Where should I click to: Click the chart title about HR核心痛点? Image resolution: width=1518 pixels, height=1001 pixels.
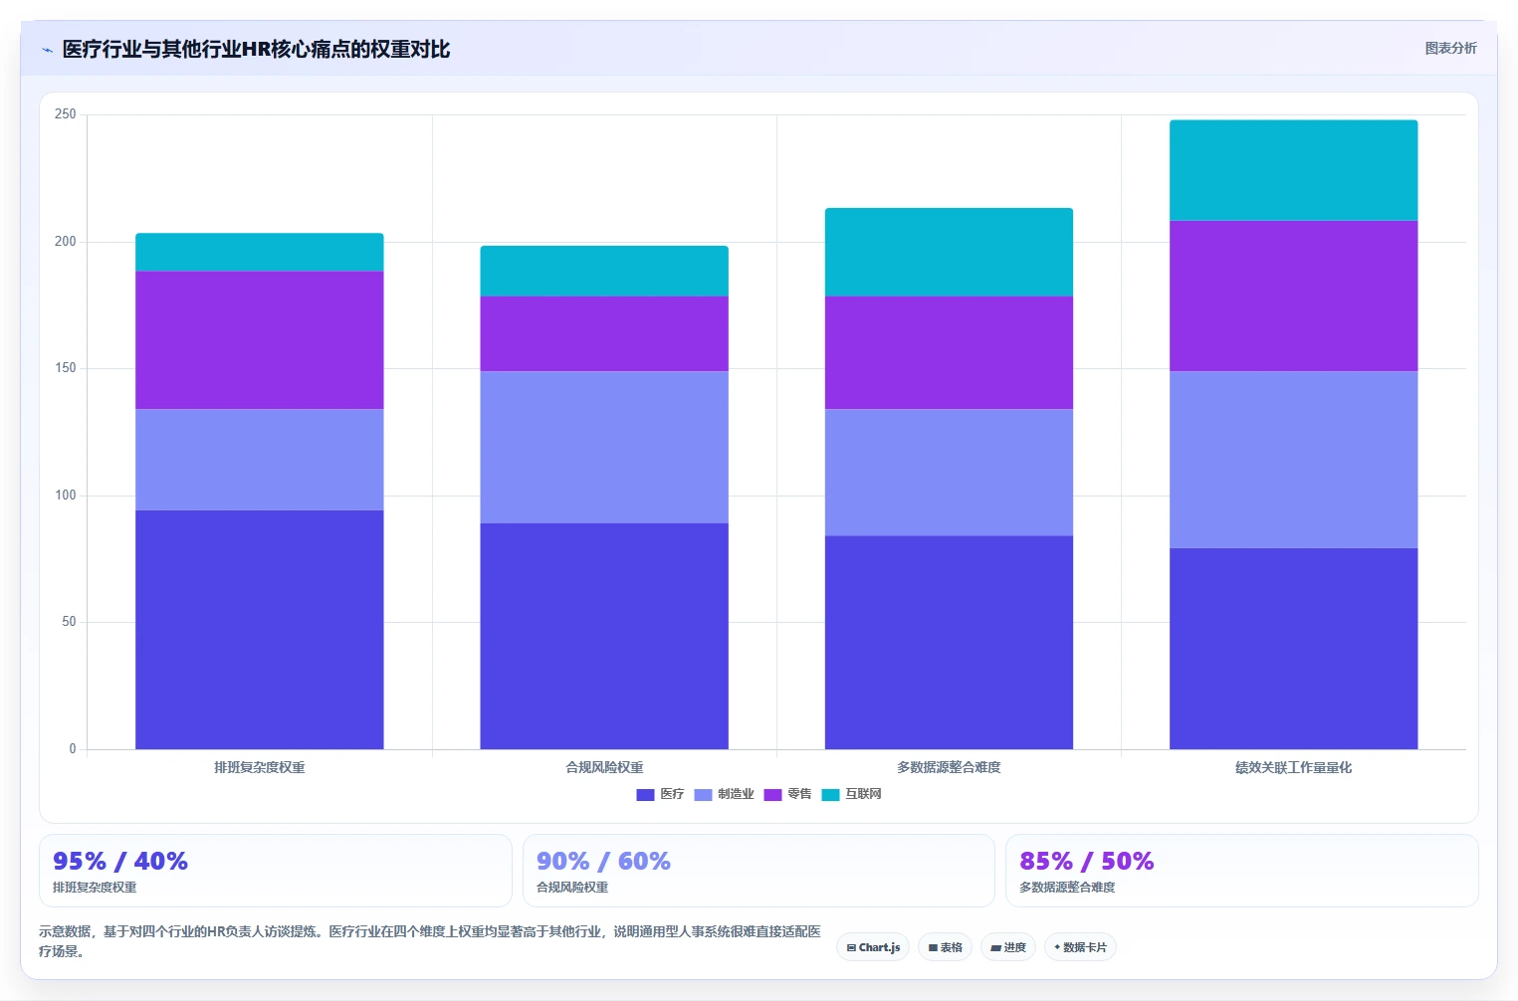coord(256,50)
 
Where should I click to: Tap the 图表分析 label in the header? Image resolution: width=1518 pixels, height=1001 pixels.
coord(1450,48)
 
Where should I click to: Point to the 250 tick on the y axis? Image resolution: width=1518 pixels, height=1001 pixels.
coord(65,113)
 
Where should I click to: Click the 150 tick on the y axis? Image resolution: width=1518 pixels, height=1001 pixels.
coord(65,368)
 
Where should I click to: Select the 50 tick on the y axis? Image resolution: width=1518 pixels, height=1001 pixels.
coord(69,622)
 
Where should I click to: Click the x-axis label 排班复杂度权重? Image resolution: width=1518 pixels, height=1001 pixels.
coord(260,767)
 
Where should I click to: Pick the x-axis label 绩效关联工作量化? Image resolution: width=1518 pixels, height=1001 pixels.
coord(1293,767)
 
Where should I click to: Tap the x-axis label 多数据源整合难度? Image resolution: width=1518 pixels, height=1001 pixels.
coord(949,767)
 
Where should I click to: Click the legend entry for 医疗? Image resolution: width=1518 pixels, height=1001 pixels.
coord(660,794)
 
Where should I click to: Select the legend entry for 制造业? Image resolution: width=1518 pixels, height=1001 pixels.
coord(724,794)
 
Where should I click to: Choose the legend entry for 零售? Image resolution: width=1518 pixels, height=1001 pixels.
coord(787,794)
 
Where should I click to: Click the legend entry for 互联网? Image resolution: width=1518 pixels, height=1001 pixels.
coord(851,794)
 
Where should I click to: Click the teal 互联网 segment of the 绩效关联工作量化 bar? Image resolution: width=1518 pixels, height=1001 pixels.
coord(1293,171)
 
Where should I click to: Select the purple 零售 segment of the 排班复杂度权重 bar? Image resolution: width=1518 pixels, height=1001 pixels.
coord(260,340)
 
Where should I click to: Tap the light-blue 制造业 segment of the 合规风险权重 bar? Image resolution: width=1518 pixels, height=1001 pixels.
coord(604,447)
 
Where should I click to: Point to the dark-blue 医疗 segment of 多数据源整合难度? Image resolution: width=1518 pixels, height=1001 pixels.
coord(949,642)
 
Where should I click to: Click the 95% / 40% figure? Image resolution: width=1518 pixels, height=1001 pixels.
coord(120,861)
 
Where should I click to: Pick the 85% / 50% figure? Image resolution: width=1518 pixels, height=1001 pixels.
coord(1087,861)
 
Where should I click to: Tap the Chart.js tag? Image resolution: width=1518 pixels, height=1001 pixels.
coord(873,947)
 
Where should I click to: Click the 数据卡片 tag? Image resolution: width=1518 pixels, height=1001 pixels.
coord(1080,947)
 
